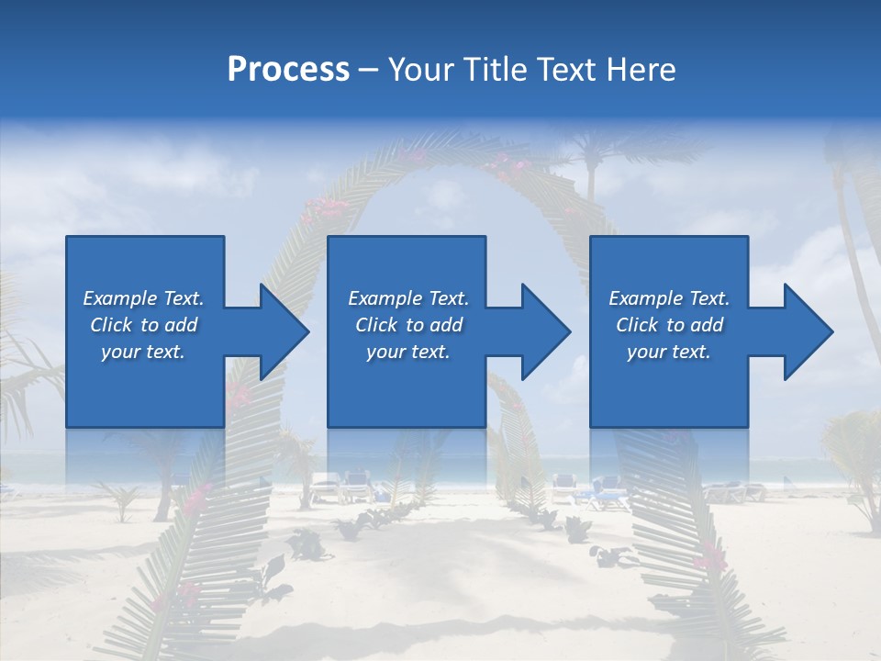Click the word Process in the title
(288, 70)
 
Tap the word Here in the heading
(641, 70)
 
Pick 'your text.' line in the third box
(668, 352)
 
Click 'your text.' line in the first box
(143, 352)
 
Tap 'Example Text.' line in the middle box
(407, 298)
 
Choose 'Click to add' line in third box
(669, 325)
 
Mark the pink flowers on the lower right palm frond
(708, 555)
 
